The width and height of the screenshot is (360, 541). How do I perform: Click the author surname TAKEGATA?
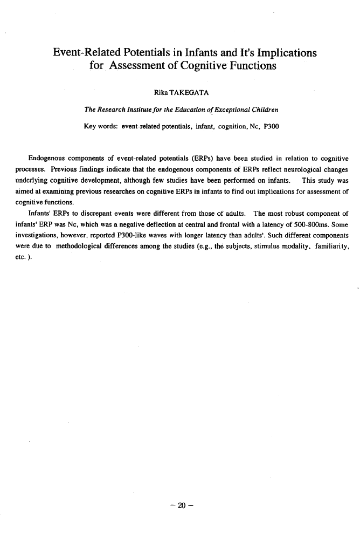pyautogui.click(x=179, y=95)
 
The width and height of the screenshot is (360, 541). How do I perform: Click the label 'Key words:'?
pyautogui.click(x=101, y=127)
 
